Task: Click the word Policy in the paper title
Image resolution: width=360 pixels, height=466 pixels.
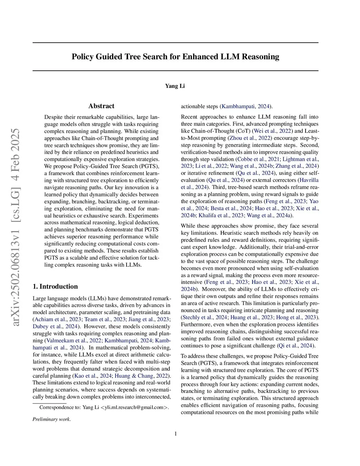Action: coord(83,57)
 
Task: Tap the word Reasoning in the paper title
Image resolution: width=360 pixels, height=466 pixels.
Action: coord(260,57)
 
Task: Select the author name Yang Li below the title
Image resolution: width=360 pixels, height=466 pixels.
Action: coord(175,86)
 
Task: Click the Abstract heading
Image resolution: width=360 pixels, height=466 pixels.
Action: coord(101,106)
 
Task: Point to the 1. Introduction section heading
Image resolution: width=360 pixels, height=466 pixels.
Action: coord(55,287)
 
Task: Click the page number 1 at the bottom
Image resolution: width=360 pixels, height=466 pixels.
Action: coord(175,434)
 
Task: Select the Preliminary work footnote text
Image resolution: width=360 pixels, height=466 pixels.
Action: coord(52,419)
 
